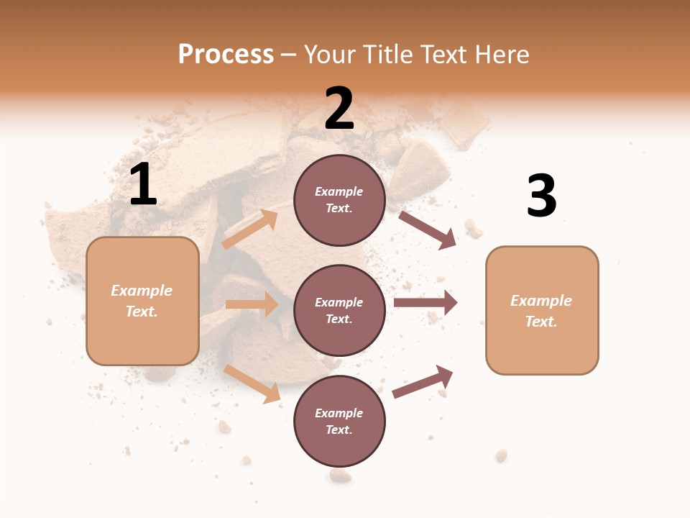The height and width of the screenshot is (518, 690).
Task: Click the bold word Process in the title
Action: pos(226,54)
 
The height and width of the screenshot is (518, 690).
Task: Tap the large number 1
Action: pos(142,185)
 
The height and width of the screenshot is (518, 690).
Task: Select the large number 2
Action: pos(339,109)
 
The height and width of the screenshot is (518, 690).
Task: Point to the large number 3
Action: pos(541,196)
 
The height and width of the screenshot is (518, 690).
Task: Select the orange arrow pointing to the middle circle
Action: pos(252,304)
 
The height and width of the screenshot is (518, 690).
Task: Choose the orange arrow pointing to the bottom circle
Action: pos(252,383)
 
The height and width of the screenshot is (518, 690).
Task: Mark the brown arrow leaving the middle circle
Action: pos(425,302)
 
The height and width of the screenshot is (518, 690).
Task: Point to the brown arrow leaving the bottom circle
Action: pos(423,381)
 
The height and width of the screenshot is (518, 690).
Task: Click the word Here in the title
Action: pos(501,54)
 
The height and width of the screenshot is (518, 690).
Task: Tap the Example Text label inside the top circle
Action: pos(339,200)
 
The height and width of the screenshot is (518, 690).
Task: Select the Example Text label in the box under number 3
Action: pos(541,311)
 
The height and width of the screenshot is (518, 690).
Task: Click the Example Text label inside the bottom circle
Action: pos(339,422)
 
